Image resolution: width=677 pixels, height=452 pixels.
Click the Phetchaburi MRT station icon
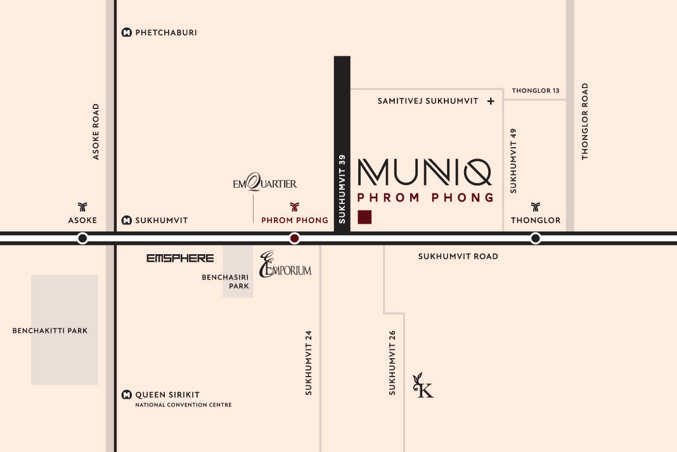tap(127, 32)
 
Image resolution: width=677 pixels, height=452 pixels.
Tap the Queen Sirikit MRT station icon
tap(127, 394)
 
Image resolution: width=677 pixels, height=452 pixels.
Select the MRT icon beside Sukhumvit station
tap(127, 221)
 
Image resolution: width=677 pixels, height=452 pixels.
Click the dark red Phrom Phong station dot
tap(294, 238)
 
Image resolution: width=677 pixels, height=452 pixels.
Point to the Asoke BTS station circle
tap(82, 238)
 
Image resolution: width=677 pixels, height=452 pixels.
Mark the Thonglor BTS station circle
tap(536, 238)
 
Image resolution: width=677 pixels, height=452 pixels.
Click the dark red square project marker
tap(364, 217)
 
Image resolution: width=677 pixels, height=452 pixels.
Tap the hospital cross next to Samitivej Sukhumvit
tap(491, 101)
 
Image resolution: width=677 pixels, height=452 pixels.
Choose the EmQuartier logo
tap(264, 184)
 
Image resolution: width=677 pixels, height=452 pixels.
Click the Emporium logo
tap(285, 264)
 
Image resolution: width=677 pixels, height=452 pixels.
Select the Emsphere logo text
tap(180, 258)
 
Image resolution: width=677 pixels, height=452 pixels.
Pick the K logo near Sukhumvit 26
tap(423, 387)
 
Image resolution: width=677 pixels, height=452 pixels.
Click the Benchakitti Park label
tap(50, 330)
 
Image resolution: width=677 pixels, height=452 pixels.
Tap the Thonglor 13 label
tap(536, 91)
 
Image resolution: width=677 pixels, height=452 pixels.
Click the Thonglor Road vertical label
tap(585, 121)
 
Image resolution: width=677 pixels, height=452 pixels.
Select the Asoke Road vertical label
tap(96, 131)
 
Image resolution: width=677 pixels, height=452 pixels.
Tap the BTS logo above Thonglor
tap(536, 207)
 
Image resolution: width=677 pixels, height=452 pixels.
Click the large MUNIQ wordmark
tap(425, 171)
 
